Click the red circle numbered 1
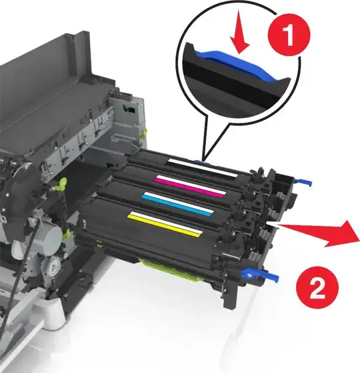pos(289,35)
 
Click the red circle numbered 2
pos(317,288)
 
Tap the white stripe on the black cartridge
pos(203,168)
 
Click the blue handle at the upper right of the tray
pos(303,182)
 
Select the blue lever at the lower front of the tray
pos(260,275)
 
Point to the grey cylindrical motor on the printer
pos(47,233)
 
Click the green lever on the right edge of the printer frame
pos(143,133)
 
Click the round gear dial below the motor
pos(54,264)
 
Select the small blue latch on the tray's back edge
pos(201,162)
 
